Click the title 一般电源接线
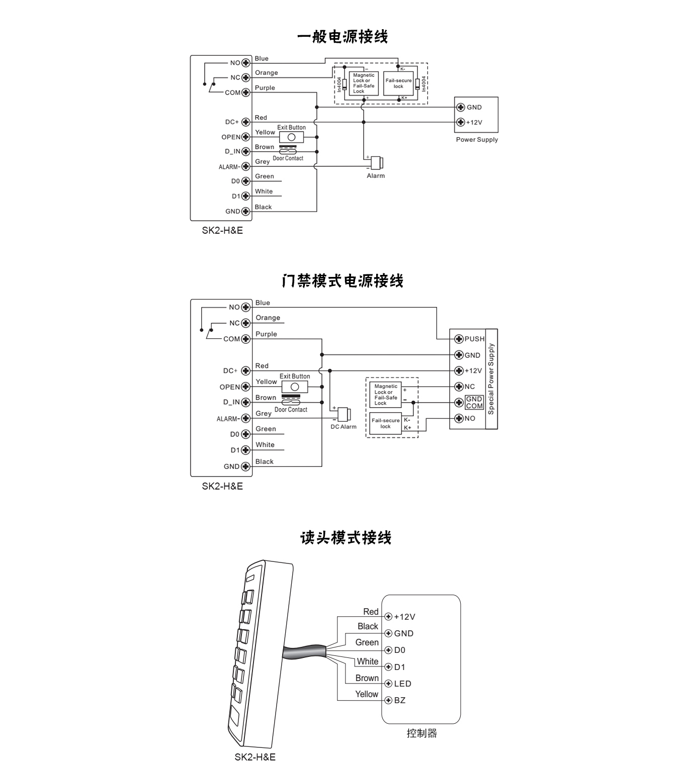coord(342,37)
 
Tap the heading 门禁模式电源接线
coord(342,280)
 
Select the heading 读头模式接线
coord(346,538)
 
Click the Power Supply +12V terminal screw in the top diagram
coord(460,122)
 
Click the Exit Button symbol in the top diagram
coord(291,137)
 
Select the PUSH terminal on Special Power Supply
coord(459,339)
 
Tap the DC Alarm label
coord(344,427)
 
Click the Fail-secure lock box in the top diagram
coord(398,83)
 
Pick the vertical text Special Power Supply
coord(491,378)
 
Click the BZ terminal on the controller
coord(388,700)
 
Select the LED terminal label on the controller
coord(403,684)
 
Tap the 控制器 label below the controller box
coord(421,733)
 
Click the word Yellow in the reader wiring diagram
coord(367,694)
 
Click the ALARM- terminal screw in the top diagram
coord(245,166)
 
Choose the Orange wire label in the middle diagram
coord(268,318)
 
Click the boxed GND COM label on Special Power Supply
coord(474,403)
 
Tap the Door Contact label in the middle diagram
coord(291,410)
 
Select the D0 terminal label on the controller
coord(399,650)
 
